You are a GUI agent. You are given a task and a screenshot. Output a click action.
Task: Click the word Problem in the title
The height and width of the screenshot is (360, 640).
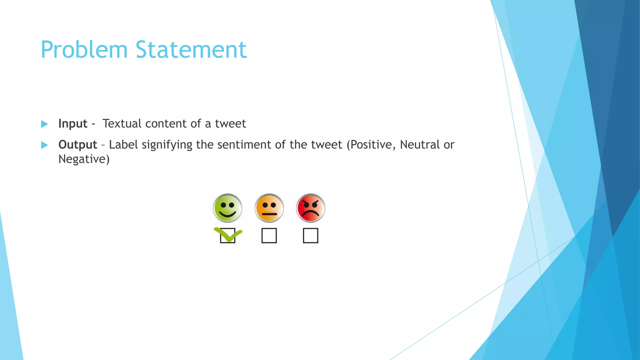point(84,50)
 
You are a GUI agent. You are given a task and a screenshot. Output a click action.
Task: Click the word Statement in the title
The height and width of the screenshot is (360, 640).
point(191,50)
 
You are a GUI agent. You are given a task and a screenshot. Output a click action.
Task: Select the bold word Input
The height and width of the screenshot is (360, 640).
point(72,124)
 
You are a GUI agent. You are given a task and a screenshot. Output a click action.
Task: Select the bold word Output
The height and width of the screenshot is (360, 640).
point(77,145)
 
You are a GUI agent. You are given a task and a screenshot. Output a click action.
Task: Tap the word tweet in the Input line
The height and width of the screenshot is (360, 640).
point(230,124)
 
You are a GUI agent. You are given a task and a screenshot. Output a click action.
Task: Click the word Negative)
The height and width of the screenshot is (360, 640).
point(84,159)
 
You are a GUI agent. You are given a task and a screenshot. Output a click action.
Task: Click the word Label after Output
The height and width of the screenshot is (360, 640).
point(123,145)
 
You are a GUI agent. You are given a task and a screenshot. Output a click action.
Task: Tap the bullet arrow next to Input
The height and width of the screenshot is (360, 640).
point(44,124)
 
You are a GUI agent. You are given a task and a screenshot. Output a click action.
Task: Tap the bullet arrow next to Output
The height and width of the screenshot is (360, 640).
point(44,145)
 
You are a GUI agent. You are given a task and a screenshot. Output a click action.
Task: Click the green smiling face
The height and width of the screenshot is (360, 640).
point(227,208)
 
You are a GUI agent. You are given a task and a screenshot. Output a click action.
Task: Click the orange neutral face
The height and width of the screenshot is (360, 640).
point(269,208)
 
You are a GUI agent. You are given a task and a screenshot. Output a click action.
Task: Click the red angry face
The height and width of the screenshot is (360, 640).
point(311,208)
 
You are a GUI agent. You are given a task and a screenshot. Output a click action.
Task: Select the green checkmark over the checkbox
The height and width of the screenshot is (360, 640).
point(228,235)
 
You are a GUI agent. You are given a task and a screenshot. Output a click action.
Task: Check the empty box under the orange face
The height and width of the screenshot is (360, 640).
point(269,236)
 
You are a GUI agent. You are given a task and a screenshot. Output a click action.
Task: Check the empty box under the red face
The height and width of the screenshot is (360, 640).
point(311,236)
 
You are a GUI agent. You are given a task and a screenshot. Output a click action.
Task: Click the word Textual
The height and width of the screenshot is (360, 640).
point(122,124)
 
